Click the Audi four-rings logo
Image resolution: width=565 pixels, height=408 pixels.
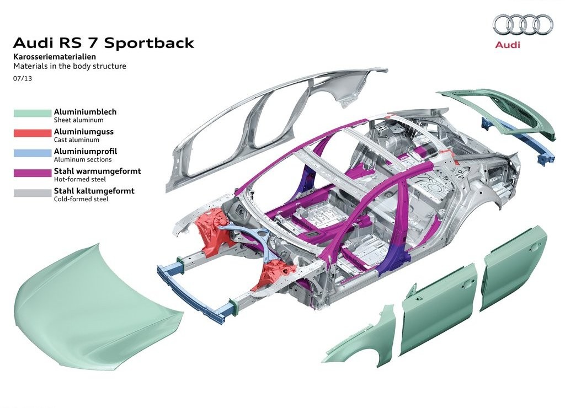(x=523, y=24)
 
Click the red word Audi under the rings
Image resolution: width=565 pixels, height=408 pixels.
(x=508, y=45)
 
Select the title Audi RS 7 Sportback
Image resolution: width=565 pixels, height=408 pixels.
(x=103, y=43)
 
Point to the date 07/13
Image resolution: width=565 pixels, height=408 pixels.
(x=22, y=78)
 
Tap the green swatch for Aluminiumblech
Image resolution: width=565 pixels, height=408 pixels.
(x=33, y=113)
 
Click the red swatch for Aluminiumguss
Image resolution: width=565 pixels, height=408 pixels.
(x=33, y=133)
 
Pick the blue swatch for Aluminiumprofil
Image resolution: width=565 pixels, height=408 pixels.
(x=33, y=153)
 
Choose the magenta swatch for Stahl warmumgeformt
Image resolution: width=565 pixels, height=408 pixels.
(x=33, y=173)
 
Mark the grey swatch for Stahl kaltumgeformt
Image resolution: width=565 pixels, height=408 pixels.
(x=33, y=192)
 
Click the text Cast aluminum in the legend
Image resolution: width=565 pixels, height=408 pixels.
(x=76, y=139)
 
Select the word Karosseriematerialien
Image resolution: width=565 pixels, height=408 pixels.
(x=55, y=57)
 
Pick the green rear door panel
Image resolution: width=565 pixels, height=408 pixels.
(x=514, y=270)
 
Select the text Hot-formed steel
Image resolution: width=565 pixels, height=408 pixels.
(x=80, y=179)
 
